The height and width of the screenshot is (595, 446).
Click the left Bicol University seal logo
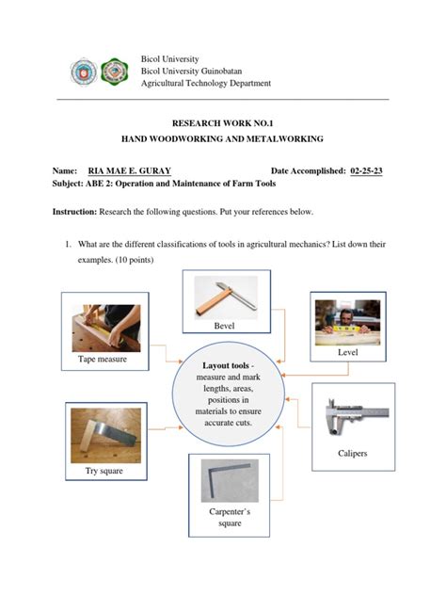click(83, 71)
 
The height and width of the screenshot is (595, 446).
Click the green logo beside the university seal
click(115, 71)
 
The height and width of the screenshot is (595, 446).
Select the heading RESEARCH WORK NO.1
click(222, 122)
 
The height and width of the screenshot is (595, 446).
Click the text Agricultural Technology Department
click(205, 83)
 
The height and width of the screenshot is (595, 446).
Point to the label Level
click(348, 351)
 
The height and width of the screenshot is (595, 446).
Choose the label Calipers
click(352, 454)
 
